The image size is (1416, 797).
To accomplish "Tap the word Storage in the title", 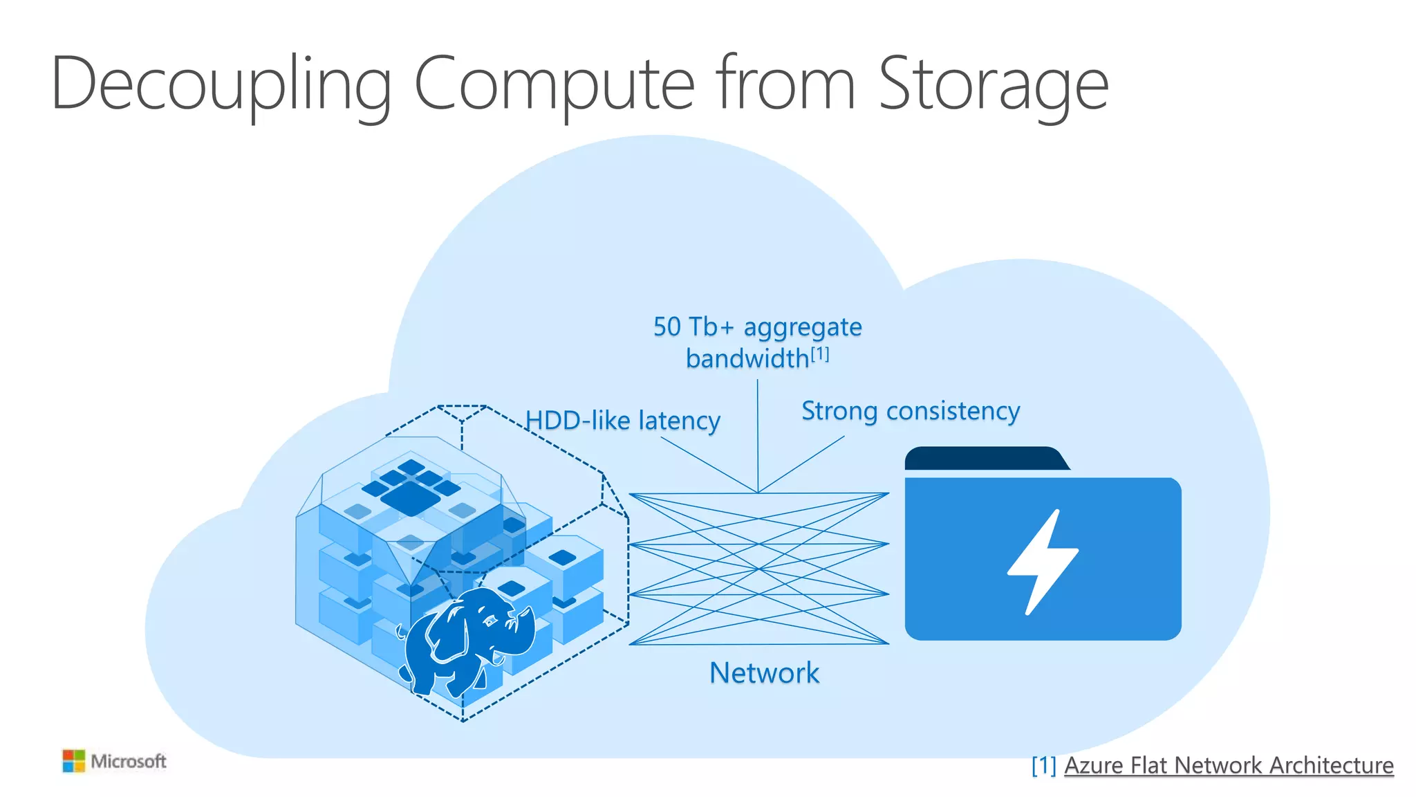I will [x=993, y=84].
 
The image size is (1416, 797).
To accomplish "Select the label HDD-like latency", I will [x=622, y=421].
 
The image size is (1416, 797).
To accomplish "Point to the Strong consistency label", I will [x=910, y=411].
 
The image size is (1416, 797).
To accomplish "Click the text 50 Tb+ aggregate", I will [x=757, y=327].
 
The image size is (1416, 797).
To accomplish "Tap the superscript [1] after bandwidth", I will [x=820, y=354].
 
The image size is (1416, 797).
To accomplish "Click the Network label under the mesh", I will [x=764, y=672].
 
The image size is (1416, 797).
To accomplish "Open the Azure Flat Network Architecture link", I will [x=1228, y=765].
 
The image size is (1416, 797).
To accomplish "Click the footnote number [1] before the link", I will [x=1043, y=765].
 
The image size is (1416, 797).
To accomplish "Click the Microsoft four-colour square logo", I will [x=73, y=761].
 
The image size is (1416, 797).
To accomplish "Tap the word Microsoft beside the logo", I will [x=129, y=761].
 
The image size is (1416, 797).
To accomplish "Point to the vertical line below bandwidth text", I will [x=758, y=436].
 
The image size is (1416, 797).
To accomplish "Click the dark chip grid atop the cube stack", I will [x=411, y=488].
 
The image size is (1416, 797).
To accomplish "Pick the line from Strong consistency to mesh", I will [x=802, y=464].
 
